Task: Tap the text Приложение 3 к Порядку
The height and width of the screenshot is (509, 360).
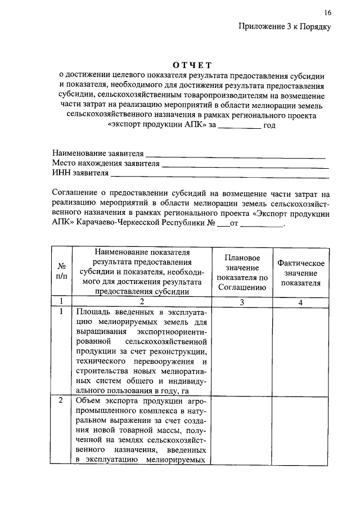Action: click(284, 26)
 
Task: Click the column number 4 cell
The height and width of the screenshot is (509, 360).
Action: click(300, 302)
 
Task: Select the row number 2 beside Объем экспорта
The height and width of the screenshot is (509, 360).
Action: click(61, 401)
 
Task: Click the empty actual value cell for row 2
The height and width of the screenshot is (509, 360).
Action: click(300, 430)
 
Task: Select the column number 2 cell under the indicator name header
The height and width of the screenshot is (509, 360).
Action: click(142, 302)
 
